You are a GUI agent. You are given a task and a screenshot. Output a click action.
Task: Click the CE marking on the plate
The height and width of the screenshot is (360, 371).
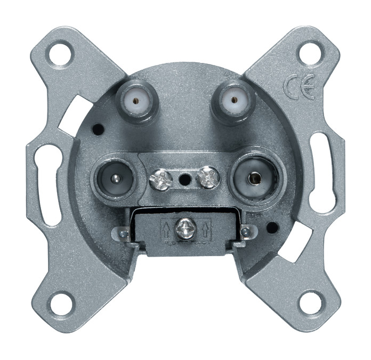click(x=300, y=86)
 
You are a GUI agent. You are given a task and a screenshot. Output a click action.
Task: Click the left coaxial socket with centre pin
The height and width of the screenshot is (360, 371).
click(x=114, y=179)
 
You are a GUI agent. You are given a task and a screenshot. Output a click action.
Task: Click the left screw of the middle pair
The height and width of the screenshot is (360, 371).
click(x=160, y=179)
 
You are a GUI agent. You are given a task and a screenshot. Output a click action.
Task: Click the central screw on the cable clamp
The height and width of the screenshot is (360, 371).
click(x=185, y=229)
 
